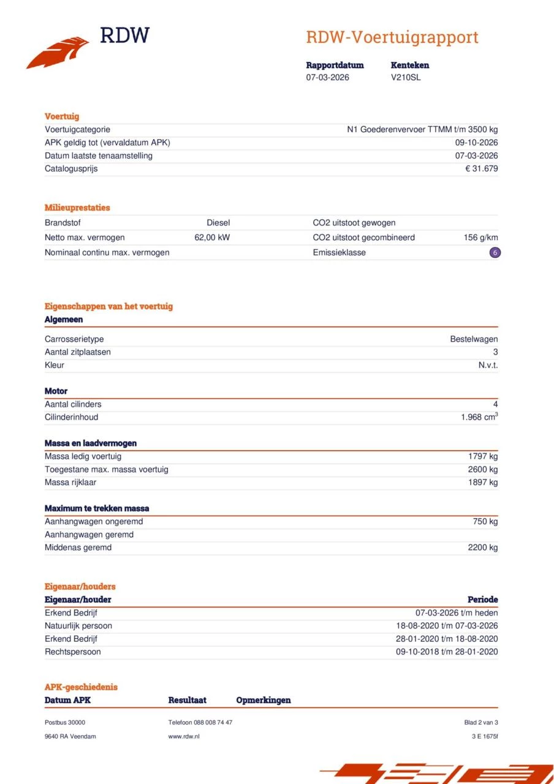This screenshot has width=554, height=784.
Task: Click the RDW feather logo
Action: coord(58,52)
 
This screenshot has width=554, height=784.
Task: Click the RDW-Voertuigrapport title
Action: coord(392,37)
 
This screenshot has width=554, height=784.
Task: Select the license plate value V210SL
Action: coord(406,77)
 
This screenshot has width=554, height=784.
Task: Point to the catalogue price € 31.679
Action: coord(481,168)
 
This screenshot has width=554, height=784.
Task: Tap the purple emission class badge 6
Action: coord(495,252)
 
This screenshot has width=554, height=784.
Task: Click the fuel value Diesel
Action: coord(218,223)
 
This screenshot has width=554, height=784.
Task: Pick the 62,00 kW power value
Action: coord(212,238)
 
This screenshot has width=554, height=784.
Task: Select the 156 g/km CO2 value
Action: coord(480,238)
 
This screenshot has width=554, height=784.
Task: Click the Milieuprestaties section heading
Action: coord(77,208)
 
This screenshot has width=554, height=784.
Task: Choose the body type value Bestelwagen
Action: coord(474,339)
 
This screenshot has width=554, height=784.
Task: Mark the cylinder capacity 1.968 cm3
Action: coord(479,417)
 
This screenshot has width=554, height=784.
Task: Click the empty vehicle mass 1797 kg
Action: coord(482,456)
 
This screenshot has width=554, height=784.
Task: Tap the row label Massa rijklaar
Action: coord(70,482)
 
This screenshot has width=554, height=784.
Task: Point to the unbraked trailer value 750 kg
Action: coord(485,521)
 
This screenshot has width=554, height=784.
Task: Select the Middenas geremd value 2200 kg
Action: coord(482,547)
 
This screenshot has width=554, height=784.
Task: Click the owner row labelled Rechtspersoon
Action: coord(72,652)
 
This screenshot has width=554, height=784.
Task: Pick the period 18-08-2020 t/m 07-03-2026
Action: coord(447,625)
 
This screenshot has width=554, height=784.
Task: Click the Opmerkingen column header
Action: coord(264,700)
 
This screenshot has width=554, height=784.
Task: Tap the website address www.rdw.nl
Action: coord(184,736)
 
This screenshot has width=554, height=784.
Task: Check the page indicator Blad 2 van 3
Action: coord(481,722)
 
